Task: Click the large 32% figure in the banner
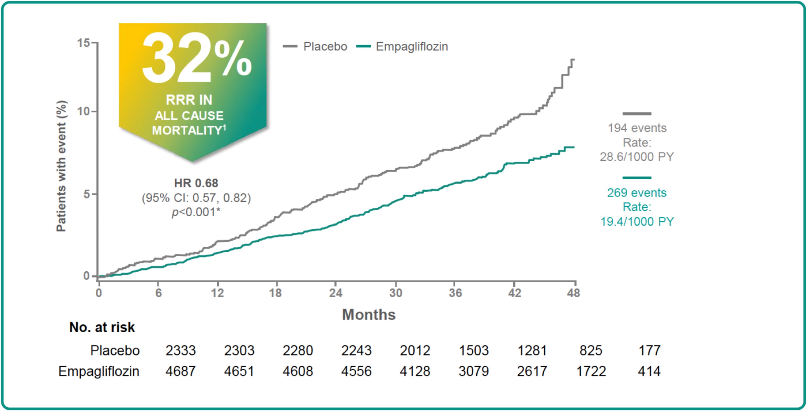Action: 197,58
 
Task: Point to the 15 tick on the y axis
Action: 84,43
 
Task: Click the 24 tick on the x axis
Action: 336,293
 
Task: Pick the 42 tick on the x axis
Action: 514,293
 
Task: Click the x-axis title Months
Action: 369,314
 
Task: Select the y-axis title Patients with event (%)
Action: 61,166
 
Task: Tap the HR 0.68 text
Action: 196,183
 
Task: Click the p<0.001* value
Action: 196,212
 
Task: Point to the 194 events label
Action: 637,128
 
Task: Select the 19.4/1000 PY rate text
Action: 637,222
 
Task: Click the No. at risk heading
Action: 102,327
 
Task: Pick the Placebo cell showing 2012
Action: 415,350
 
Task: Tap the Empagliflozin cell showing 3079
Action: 473,372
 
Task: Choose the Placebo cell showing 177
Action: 649,350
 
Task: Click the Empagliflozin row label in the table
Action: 99,372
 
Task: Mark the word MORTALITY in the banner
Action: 187,130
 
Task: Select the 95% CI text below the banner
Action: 196,198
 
